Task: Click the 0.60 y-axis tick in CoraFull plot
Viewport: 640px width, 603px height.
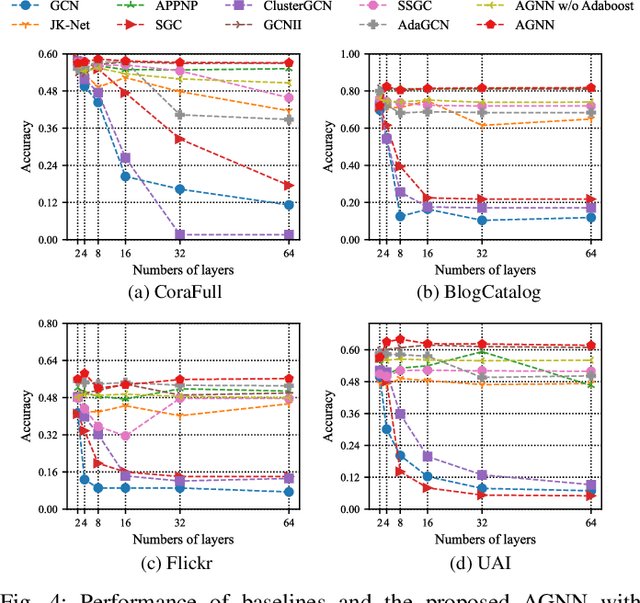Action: [48, 54]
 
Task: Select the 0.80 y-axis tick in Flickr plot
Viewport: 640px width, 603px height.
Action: [48, 323]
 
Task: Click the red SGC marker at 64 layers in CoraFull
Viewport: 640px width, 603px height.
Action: [288, 185]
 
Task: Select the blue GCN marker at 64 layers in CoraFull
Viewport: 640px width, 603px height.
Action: [288, 205]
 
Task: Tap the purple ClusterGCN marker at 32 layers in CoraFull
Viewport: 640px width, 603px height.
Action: [180, 235]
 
